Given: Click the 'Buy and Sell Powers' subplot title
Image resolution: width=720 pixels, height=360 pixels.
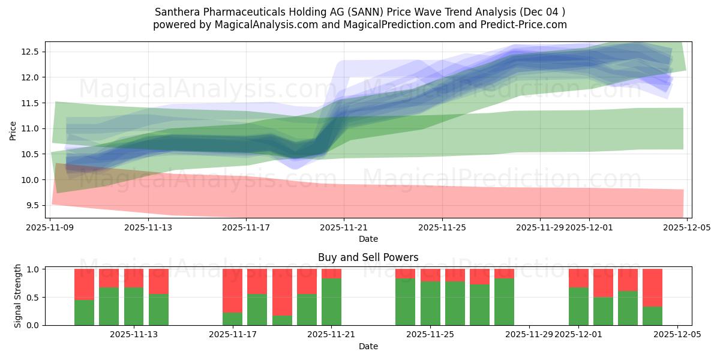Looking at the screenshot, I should tap(368, 257).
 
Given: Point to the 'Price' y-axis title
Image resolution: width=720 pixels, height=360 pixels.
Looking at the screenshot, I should tap(13, 130).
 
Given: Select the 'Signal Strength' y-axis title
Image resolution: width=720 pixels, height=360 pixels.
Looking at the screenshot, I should tap(18, 296).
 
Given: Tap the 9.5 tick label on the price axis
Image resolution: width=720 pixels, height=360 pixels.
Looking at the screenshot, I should tap(31, 205).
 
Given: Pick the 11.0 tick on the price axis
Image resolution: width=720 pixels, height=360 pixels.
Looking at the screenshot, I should tap(31, 128).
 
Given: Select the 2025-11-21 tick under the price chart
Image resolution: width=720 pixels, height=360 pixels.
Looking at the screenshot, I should tap(344, 227).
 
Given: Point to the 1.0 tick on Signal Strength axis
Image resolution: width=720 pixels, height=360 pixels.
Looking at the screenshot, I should tap(34, 269).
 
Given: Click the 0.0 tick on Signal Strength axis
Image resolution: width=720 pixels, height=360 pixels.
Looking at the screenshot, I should tap(34, 325).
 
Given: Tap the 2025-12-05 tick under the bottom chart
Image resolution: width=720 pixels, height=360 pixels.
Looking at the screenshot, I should tap(677, 335).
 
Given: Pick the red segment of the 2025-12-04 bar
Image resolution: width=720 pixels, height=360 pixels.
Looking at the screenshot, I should tap(652, 287).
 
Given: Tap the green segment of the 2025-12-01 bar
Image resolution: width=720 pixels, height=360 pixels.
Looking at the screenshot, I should tap(578, 306).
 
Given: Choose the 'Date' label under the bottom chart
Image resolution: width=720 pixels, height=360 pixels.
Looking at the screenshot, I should tap(368, 346).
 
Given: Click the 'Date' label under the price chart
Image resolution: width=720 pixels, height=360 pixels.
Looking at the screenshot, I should tap(368, 239).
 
